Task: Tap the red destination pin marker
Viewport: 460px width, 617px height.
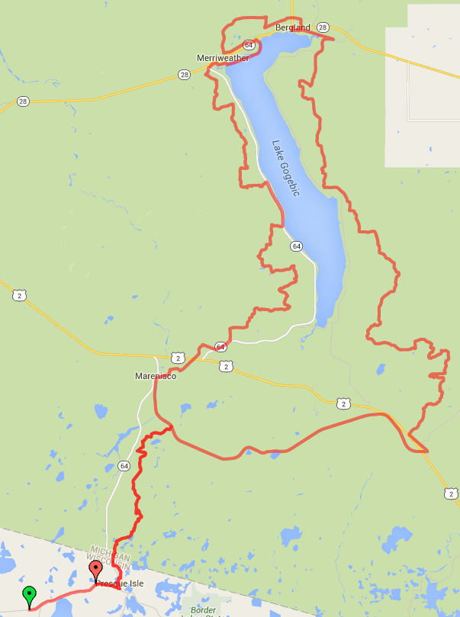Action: coord(95,570)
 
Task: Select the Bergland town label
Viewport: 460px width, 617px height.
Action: coord(293,27)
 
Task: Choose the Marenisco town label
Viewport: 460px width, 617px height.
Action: coord(156,376)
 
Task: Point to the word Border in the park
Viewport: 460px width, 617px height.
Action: coord(202,610)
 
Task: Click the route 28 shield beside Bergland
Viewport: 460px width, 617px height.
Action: coord(323,27)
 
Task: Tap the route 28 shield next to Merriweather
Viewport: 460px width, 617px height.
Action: coord(184,74)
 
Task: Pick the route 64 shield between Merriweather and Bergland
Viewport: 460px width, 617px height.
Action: coord(249,45)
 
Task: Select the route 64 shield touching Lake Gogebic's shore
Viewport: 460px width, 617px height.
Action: coord(296,246)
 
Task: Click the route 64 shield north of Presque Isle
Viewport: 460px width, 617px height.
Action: coord(124,465)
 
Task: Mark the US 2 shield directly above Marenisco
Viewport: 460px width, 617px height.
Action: coord(177,357)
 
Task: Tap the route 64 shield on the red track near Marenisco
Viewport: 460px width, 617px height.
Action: coord(220,347)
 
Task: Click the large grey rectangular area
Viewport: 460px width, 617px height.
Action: coord(423,84)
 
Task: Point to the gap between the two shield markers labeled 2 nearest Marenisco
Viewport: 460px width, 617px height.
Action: coord(201,362)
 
